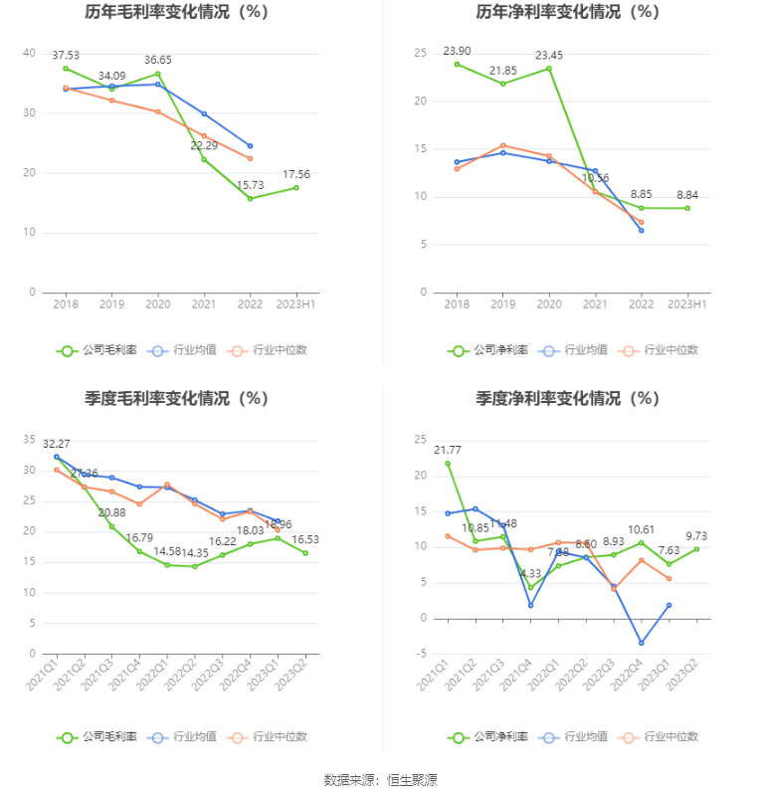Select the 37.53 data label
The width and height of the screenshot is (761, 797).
[66, 56]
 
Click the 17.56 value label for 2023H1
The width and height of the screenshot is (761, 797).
[296, 174]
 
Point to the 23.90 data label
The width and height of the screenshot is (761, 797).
[457, 51]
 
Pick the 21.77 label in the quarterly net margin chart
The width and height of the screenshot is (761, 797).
[448, 450]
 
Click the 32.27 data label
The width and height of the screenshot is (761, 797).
[57, 443]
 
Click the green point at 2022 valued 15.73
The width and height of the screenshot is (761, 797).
[250, 198]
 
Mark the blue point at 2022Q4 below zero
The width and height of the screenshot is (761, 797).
[642, 643]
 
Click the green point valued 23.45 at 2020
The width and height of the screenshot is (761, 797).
[549, 68]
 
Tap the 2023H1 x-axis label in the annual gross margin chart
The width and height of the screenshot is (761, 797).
[296, 303]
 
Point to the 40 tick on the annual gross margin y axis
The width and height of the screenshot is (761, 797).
[30, 53]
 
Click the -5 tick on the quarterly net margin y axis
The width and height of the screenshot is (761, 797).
[420, 654]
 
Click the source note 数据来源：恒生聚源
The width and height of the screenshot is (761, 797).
[380, 779]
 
